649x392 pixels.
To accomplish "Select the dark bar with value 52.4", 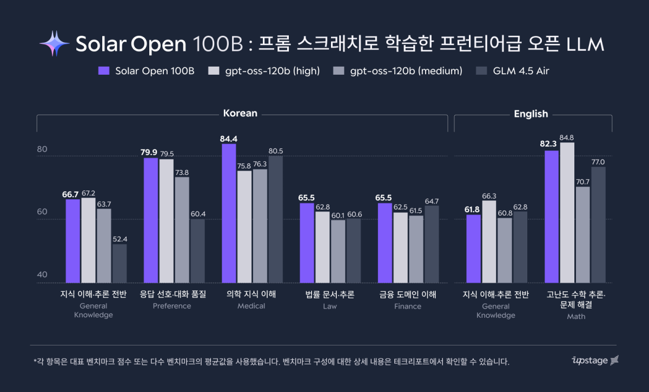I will [x=120, y=263].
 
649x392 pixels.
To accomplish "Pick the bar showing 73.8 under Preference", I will [x=182, y=230].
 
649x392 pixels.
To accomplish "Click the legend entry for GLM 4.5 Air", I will [x=521, y=71].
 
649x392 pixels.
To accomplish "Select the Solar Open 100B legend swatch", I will [x=104, y=71].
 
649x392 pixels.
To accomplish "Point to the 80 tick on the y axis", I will [x=42, y=149].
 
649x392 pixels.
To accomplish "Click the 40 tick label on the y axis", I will [x=42, y=275].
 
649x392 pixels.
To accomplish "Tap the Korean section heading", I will [x=240, y=114].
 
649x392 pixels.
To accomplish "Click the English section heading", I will [x=531, y=114].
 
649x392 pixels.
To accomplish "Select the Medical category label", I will [x=251, y=306].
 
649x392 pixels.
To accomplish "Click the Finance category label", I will [x=408, y=306].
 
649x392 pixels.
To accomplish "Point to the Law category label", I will [x=330, y=306].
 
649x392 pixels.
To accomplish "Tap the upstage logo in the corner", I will [x=595, y=360].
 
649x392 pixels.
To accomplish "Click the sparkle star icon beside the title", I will [x=54, y=44].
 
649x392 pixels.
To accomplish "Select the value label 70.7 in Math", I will [x=582, y=182].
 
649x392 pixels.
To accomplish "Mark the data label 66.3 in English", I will [x=489, y=196].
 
